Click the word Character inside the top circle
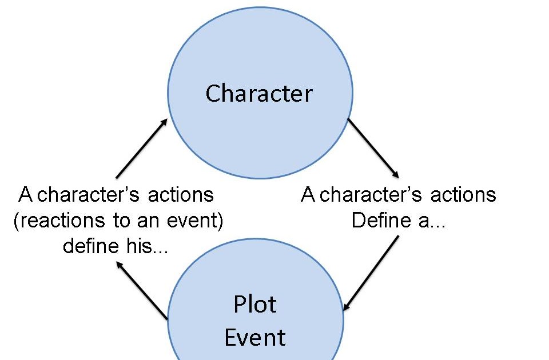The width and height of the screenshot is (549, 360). tap(259, 93)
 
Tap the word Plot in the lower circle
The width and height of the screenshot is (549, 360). tap(255, 305)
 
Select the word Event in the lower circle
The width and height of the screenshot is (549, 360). tap(255, 337)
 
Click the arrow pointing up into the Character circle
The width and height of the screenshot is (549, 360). tap(141, 149)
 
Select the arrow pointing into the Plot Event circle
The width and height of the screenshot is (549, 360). tap(371, 273)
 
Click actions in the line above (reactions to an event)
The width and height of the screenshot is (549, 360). tap(181, 195)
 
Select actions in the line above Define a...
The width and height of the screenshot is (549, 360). tap(464, 195)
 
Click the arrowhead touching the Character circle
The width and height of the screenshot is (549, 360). tap(165, 122)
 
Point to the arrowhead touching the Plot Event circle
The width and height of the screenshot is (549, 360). tap(347, 307)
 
